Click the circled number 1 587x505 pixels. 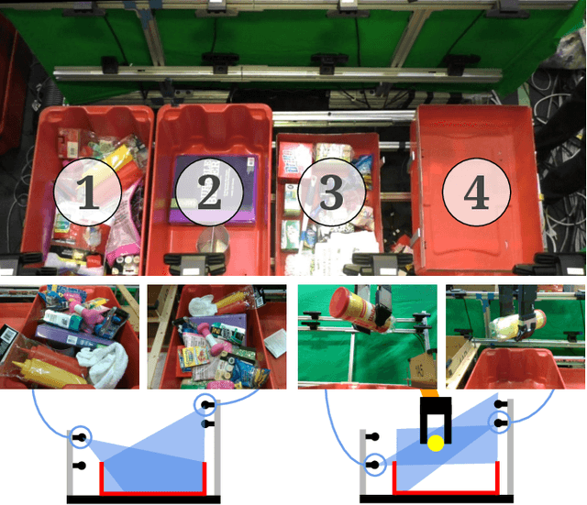(88, 192)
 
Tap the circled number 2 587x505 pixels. (209, 192)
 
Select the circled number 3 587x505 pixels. (332, 192)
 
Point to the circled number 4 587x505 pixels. (477, 192)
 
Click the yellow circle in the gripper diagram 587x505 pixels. (436, 444)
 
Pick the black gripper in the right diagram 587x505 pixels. (436, 419)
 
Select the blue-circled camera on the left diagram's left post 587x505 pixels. (80, 437)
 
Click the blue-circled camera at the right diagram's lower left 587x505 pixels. (373, 465)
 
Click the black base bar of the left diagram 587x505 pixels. (144, 499)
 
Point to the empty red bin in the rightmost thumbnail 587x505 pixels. (515, 368)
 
